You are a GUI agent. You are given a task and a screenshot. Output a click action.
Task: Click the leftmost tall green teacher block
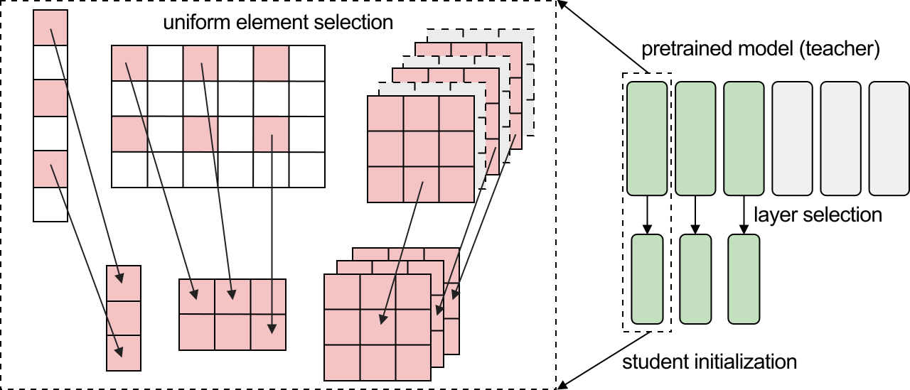(647, 138)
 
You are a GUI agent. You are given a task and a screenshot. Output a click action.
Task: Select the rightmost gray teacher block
(889, 138)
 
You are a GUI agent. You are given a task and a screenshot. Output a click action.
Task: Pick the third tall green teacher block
(744, 138)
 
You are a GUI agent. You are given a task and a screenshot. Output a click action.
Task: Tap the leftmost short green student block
(647, 277)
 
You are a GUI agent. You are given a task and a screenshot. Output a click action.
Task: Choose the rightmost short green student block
(744, 277)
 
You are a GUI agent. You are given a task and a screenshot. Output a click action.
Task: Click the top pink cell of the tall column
(50, 28)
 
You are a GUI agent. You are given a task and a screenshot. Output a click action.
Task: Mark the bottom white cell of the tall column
(50, 205)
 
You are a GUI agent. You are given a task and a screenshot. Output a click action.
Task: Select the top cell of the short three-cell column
(124, 283)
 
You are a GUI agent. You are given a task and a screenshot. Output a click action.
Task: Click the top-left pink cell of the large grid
(129, 63)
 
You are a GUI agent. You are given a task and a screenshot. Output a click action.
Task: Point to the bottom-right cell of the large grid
(307, 169)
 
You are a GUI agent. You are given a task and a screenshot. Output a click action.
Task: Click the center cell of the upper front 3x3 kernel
(421, 148)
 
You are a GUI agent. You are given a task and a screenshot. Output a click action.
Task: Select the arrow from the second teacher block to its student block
(695, 215)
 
